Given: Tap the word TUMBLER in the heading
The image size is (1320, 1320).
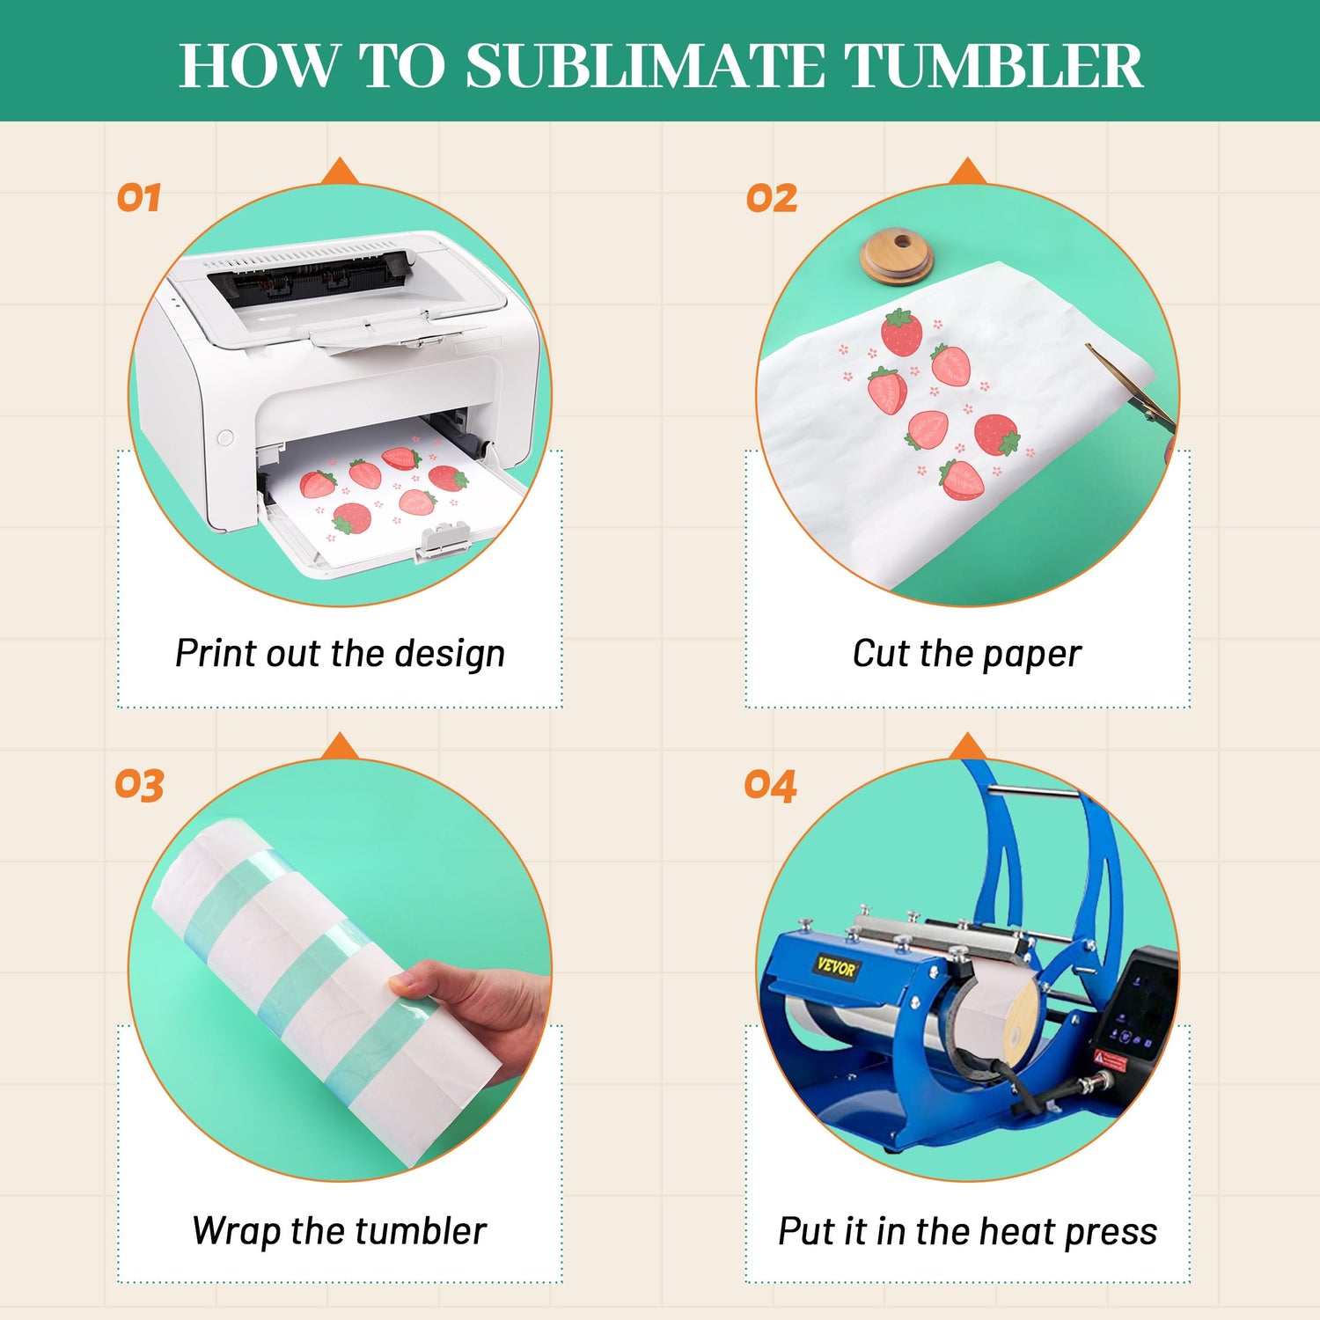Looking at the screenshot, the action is point(994,65).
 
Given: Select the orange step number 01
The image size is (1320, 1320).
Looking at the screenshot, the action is point(139,198).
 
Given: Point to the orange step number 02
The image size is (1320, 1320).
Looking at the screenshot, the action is point(772,198).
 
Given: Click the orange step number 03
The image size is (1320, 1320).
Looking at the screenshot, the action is point(139,785).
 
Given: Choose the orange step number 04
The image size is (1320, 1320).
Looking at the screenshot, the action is point(770,785).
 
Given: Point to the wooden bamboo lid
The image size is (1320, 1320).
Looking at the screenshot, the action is point(897,256).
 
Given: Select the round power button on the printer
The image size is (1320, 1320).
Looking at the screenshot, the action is point(225,436).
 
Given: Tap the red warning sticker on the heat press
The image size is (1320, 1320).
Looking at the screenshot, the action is point(1111,1058).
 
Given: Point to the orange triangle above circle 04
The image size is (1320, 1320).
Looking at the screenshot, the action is point(968,745).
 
